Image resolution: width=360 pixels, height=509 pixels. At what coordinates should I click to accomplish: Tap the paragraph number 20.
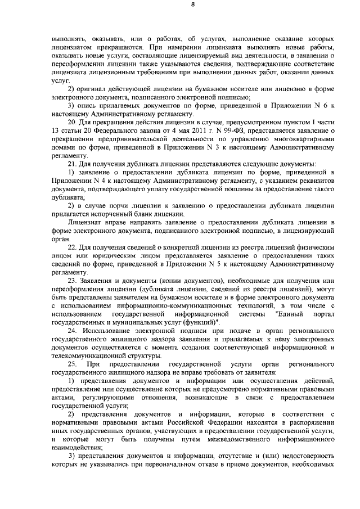coord(71,121)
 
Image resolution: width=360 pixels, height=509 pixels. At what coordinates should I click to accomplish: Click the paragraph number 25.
coord(71,364)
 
